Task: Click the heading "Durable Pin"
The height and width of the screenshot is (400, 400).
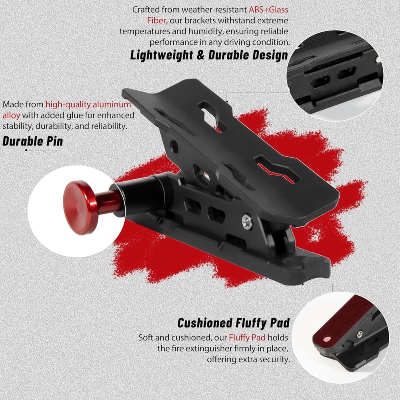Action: [x=32, y=141]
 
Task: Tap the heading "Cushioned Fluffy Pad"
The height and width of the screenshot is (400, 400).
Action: [x=234, y=322]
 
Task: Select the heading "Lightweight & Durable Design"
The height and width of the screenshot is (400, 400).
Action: [x=209, y=55]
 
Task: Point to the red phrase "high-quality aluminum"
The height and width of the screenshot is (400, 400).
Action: [x=88, y=105]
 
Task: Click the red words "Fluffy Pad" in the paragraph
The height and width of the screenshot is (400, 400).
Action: [x=247, y=338]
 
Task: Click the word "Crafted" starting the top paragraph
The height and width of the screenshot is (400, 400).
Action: [x=146, y=10]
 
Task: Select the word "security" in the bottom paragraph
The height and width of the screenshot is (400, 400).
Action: [x=272, y=359]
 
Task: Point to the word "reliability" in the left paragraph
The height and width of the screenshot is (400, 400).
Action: [x=107, y=126]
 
